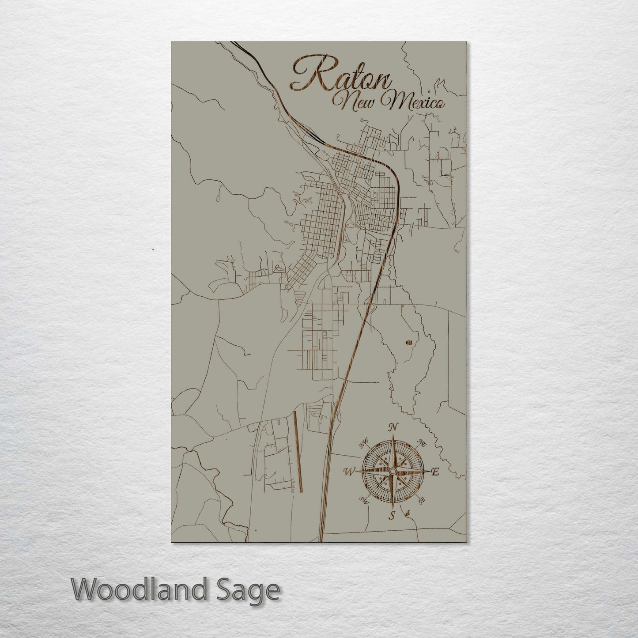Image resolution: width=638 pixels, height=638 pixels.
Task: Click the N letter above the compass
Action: [392, 427]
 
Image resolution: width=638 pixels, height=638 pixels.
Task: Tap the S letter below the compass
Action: [392, 515]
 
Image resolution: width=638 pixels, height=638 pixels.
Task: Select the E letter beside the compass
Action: [434, 472]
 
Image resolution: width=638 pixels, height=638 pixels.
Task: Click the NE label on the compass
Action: [422, 443]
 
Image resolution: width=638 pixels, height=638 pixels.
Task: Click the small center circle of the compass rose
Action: [392, 472]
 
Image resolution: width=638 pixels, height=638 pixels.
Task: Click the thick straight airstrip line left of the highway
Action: [297, 450]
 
